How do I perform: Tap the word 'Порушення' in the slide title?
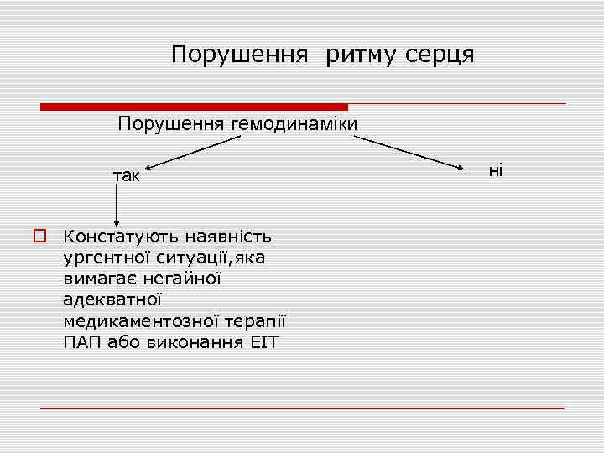(x=237, y=55)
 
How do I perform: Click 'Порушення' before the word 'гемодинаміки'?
(x=169, y=125)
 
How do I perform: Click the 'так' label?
(x=128, y=176)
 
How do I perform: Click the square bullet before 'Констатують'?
(x=39, y=237)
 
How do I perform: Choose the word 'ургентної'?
(x=103, y=258)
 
